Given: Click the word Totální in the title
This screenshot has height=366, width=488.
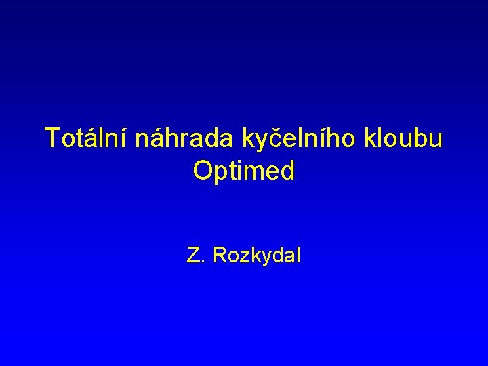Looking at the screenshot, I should point(87,138).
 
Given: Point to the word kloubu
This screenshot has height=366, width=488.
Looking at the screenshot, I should point(404,138).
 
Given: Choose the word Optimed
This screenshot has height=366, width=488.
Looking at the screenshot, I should point(244,171).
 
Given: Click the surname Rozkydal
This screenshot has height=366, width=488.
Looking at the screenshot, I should point(257,256).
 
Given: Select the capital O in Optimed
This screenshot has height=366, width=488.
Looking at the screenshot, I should point(203,171).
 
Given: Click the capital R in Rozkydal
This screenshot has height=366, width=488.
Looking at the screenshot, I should point(220,256).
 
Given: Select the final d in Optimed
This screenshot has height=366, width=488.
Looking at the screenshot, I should point(288,171).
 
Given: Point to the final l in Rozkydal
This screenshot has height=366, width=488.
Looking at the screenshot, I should point(298,256).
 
